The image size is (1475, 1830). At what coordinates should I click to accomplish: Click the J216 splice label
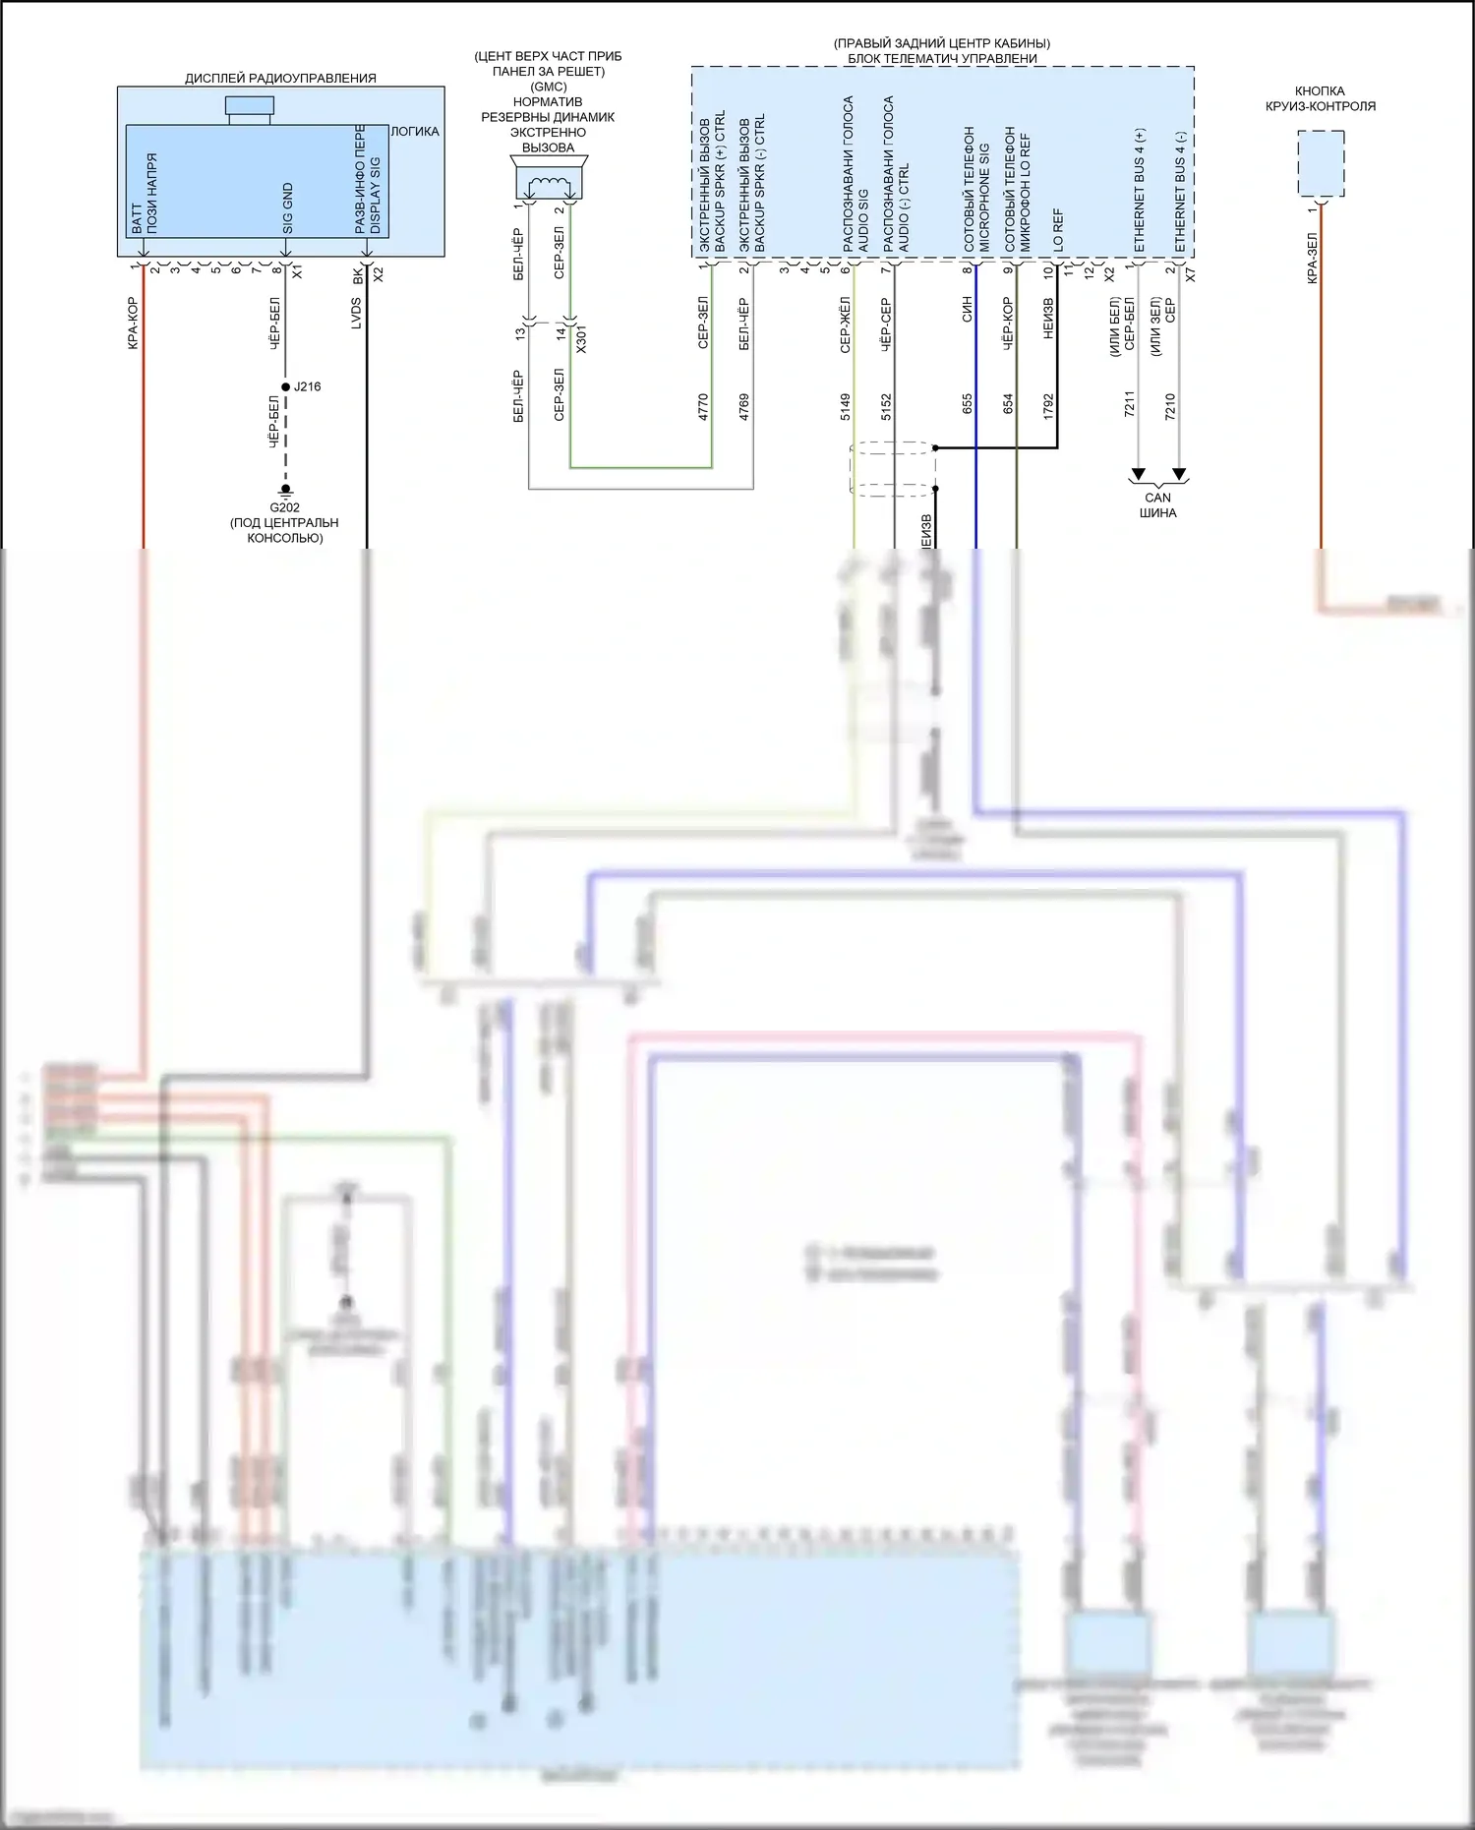(307, 386)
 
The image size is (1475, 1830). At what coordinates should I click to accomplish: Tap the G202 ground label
(284, 507)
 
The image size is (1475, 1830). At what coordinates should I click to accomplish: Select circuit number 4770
(703, 407)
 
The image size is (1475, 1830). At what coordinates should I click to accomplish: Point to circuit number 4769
(744, 407)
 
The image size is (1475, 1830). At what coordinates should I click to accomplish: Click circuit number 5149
(846, 407)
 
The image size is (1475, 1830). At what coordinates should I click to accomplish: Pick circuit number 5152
(886, 407)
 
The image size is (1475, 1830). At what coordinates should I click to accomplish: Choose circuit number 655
(968, 403)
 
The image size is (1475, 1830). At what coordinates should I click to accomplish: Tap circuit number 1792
(1048, 407)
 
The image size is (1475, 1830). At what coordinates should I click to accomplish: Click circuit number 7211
(1130, 404)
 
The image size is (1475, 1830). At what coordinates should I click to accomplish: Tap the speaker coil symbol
(549, 185)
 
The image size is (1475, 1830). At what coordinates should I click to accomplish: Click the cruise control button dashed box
(1321, 163)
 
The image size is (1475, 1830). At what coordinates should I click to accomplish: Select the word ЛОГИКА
(415, 132)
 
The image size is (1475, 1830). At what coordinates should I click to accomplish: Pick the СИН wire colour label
(968, 310)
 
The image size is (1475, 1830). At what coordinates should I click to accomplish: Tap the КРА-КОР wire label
(133, 324)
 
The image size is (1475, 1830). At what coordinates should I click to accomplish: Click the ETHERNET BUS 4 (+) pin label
(1141, 190)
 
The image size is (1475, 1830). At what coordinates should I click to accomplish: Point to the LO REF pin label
(1059, 227)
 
